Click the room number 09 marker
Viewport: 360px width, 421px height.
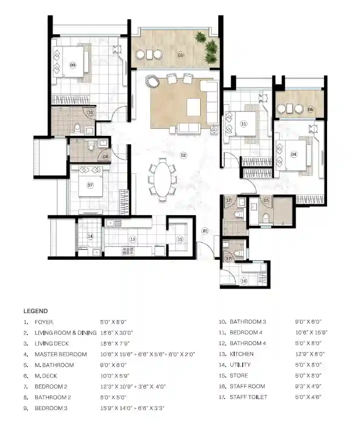[72, 65]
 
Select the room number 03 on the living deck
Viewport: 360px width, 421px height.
[181, 55]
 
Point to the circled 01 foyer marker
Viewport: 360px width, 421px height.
[205, 231]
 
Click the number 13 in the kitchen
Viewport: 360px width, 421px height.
[133, 239]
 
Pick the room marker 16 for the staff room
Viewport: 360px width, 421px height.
[244, 281]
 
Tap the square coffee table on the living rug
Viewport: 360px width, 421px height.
[194, 107]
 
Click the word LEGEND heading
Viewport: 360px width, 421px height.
[35, 311]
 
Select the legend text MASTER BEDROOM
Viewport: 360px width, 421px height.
[61, 354]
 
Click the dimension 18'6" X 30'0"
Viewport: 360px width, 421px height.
[116, 333]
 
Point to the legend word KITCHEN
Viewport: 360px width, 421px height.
[241, 354]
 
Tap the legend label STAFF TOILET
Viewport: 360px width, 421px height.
[248, 397]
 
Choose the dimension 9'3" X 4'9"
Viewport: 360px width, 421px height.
[308, 386]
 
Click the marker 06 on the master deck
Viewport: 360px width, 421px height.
[311, 109]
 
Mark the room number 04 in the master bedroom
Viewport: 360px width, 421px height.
[294, 154]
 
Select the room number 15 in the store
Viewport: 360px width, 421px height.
[180, 239]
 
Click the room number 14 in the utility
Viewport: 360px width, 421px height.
[90, 236]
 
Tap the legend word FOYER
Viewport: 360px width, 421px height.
[44, 322]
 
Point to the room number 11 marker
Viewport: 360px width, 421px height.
[244, 123]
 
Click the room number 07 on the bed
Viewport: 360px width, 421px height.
[90, 185]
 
